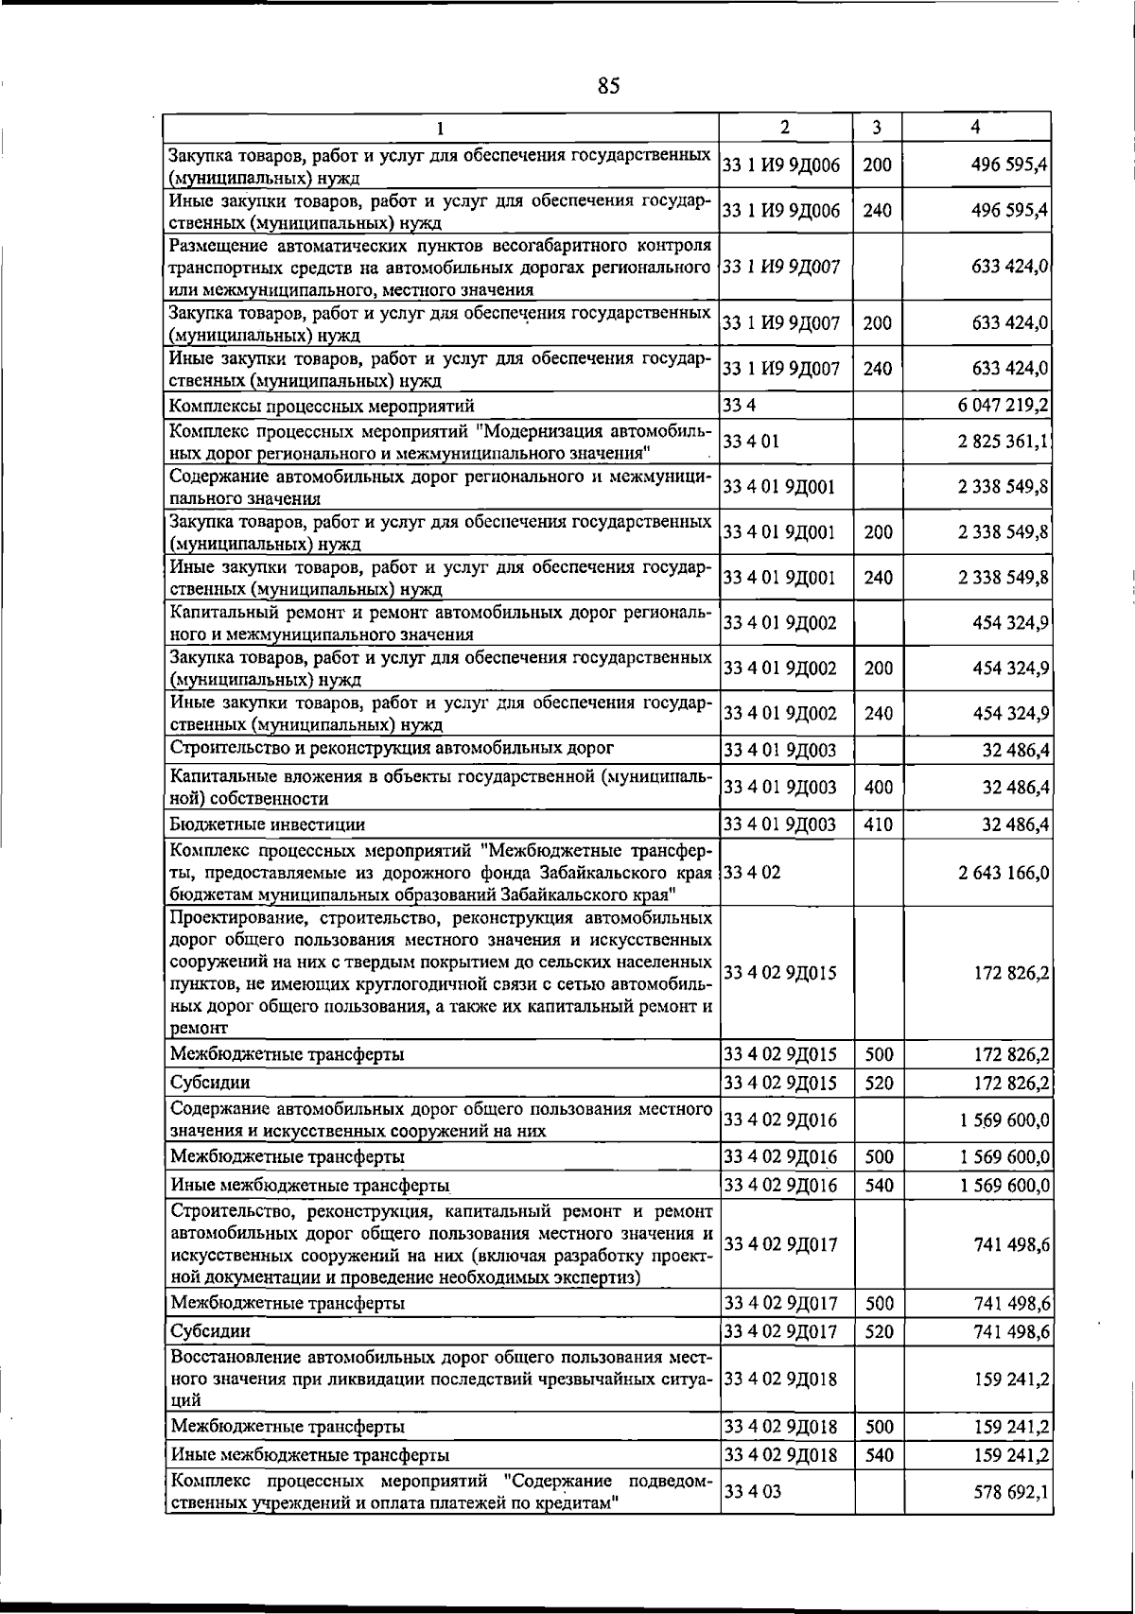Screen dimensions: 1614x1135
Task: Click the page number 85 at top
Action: [608, 86]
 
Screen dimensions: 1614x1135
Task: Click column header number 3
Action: [877, 127]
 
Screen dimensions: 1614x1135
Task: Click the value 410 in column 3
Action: [878, 824]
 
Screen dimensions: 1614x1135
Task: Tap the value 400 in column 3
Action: [878, 788]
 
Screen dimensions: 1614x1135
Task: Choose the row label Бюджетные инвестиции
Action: [268, 824]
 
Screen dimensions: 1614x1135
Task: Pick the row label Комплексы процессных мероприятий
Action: [322, 407]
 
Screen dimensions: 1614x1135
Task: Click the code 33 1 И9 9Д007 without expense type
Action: [781, 268]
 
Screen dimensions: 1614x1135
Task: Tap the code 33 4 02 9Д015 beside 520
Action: [780, 1083]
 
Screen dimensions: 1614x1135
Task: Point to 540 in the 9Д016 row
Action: [879, 1185]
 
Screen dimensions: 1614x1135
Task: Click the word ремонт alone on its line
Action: [199, 1028]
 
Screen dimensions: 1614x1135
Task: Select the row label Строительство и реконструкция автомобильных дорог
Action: [392, 749]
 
